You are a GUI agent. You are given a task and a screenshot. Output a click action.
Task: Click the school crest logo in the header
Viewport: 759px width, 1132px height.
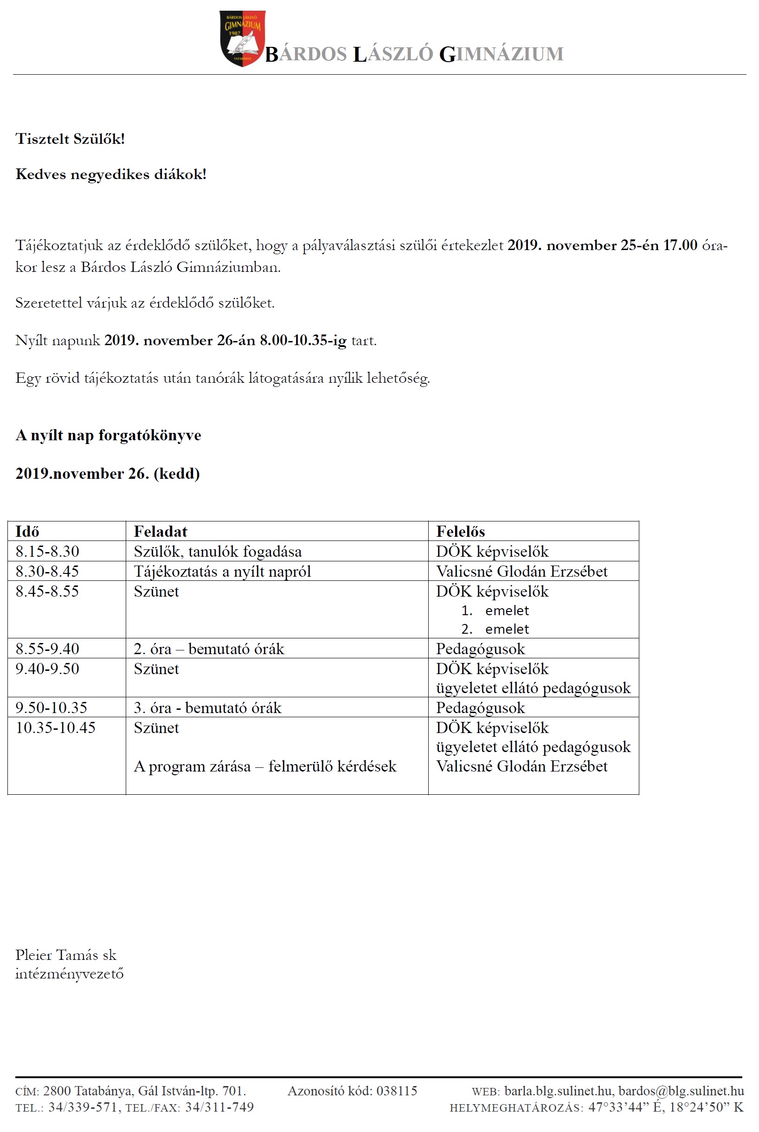(x=242, y=38)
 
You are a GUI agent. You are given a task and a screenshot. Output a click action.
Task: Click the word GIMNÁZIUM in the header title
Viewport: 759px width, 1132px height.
(x=501, y=54)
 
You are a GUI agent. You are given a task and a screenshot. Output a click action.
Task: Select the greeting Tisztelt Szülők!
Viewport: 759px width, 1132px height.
(x=70, y=139)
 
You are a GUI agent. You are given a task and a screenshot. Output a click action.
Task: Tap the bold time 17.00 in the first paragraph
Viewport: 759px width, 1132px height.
(x=680, y=245)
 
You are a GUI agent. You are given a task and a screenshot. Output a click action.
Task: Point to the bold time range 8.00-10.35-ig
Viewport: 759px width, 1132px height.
(x=303, y=341)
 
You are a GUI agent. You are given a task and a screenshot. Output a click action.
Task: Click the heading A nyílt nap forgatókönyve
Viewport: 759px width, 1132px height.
(x=108, y=435)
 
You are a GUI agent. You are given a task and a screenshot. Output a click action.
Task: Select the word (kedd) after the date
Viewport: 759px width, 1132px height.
(x=177, y=473)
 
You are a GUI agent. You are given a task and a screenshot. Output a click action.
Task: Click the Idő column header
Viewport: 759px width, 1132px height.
(x=27, y=531)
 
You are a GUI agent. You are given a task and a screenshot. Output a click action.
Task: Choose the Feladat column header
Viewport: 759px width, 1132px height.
(x=160, y=531)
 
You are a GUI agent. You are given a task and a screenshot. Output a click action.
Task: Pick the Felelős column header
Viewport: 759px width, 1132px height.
(x=460, y=531)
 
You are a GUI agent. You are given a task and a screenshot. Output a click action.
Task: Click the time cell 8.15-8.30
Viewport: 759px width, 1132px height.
(x=47, y=551)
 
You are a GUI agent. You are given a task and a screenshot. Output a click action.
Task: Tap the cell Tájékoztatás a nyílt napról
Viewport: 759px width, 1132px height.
(x=222, y=572)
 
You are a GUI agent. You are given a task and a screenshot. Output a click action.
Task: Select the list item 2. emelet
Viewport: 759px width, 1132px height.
(x=495, y=629)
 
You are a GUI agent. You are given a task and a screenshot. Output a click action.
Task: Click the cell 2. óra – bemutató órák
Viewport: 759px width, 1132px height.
(x=209, y=649)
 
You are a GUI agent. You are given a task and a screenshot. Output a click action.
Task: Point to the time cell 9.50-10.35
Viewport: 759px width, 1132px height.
(x=51, y=708)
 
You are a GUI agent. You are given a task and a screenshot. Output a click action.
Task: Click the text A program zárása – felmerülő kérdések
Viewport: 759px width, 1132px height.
(x=265, y=766)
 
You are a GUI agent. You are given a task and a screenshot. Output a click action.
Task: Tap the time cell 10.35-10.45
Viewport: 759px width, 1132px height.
(x=56, y=728)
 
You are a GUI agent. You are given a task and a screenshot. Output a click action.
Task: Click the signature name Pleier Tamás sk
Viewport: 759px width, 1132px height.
(x=66, y=955)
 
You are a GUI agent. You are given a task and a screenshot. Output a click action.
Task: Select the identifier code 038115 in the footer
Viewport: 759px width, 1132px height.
(x=397, y=1091)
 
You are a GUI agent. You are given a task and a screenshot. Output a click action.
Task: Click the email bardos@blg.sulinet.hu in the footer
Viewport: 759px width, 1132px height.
(x=681, y=1091)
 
